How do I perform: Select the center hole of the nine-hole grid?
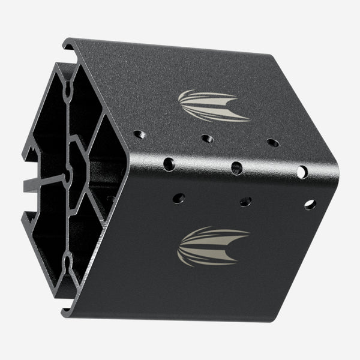point(236,167)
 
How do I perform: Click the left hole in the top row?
point(139,134)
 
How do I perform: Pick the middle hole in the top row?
point(207,139)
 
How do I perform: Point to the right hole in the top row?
point(272,143)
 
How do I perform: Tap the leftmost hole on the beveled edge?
point(169,163)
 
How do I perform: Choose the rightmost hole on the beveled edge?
point(302,172)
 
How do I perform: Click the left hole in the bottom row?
point(179,197)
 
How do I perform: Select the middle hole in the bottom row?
point(245,201)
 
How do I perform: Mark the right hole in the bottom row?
point(310,204)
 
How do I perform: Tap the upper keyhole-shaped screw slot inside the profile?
point(68,89)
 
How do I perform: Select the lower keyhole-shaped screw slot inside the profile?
point(68,261)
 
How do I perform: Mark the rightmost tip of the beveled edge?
point(337,177)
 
